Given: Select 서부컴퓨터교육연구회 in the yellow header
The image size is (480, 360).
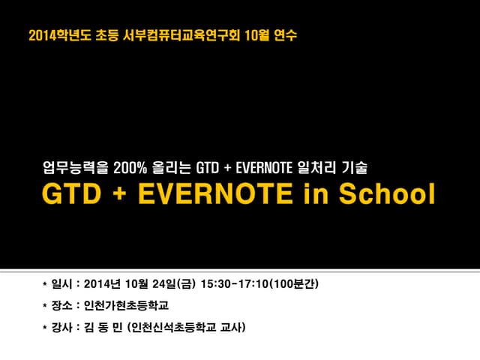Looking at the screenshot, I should pyautogui.click(x=179, y=35).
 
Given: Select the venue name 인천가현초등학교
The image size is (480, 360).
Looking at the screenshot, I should pyautogui.click(x=127, y=305).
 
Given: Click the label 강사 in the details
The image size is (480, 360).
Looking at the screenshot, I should pyautogui.click(x=61, y=328).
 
